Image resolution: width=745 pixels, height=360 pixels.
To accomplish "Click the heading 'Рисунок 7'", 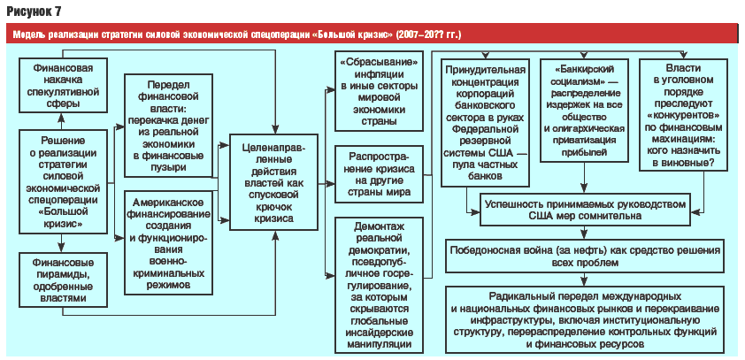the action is click(x=34, y=11).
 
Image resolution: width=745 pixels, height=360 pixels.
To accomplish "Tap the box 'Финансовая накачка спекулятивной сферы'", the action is click(x=63, y=85).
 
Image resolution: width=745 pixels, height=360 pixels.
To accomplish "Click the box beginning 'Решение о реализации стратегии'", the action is click(x=63, y=181).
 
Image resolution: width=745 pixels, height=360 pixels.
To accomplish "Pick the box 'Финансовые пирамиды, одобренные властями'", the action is click(x=63, y=280).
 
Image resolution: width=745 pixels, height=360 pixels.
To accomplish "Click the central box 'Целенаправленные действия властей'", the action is click(x=274, y=183).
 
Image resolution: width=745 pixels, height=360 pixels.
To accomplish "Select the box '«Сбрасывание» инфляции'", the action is click(x=379, y=91).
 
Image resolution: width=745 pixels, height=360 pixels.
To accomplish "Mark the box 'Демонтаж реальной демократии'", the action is click(x=379, y=285).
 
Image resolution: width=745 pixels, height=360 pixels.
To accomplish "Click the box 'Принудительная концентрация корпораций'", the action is click(x=485, y=122).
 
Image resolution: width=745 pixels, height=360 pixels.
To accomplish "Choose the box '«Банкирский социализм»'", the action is click(x=584, y=111).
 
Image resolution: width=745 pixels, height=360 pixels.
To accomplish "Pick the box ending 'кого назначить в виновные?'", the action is click(x=683, y=114).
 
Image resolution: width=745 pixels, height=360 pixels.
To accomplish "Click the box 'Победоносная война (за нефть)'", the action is click(x=585, y=257).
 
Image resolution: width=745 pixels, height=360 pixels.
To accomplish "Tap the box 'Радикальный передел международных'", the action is click(x=585, y=319).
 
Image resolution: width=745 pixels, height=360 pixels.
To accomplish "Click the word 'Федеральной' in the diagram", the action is click(x=485, y=128).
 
